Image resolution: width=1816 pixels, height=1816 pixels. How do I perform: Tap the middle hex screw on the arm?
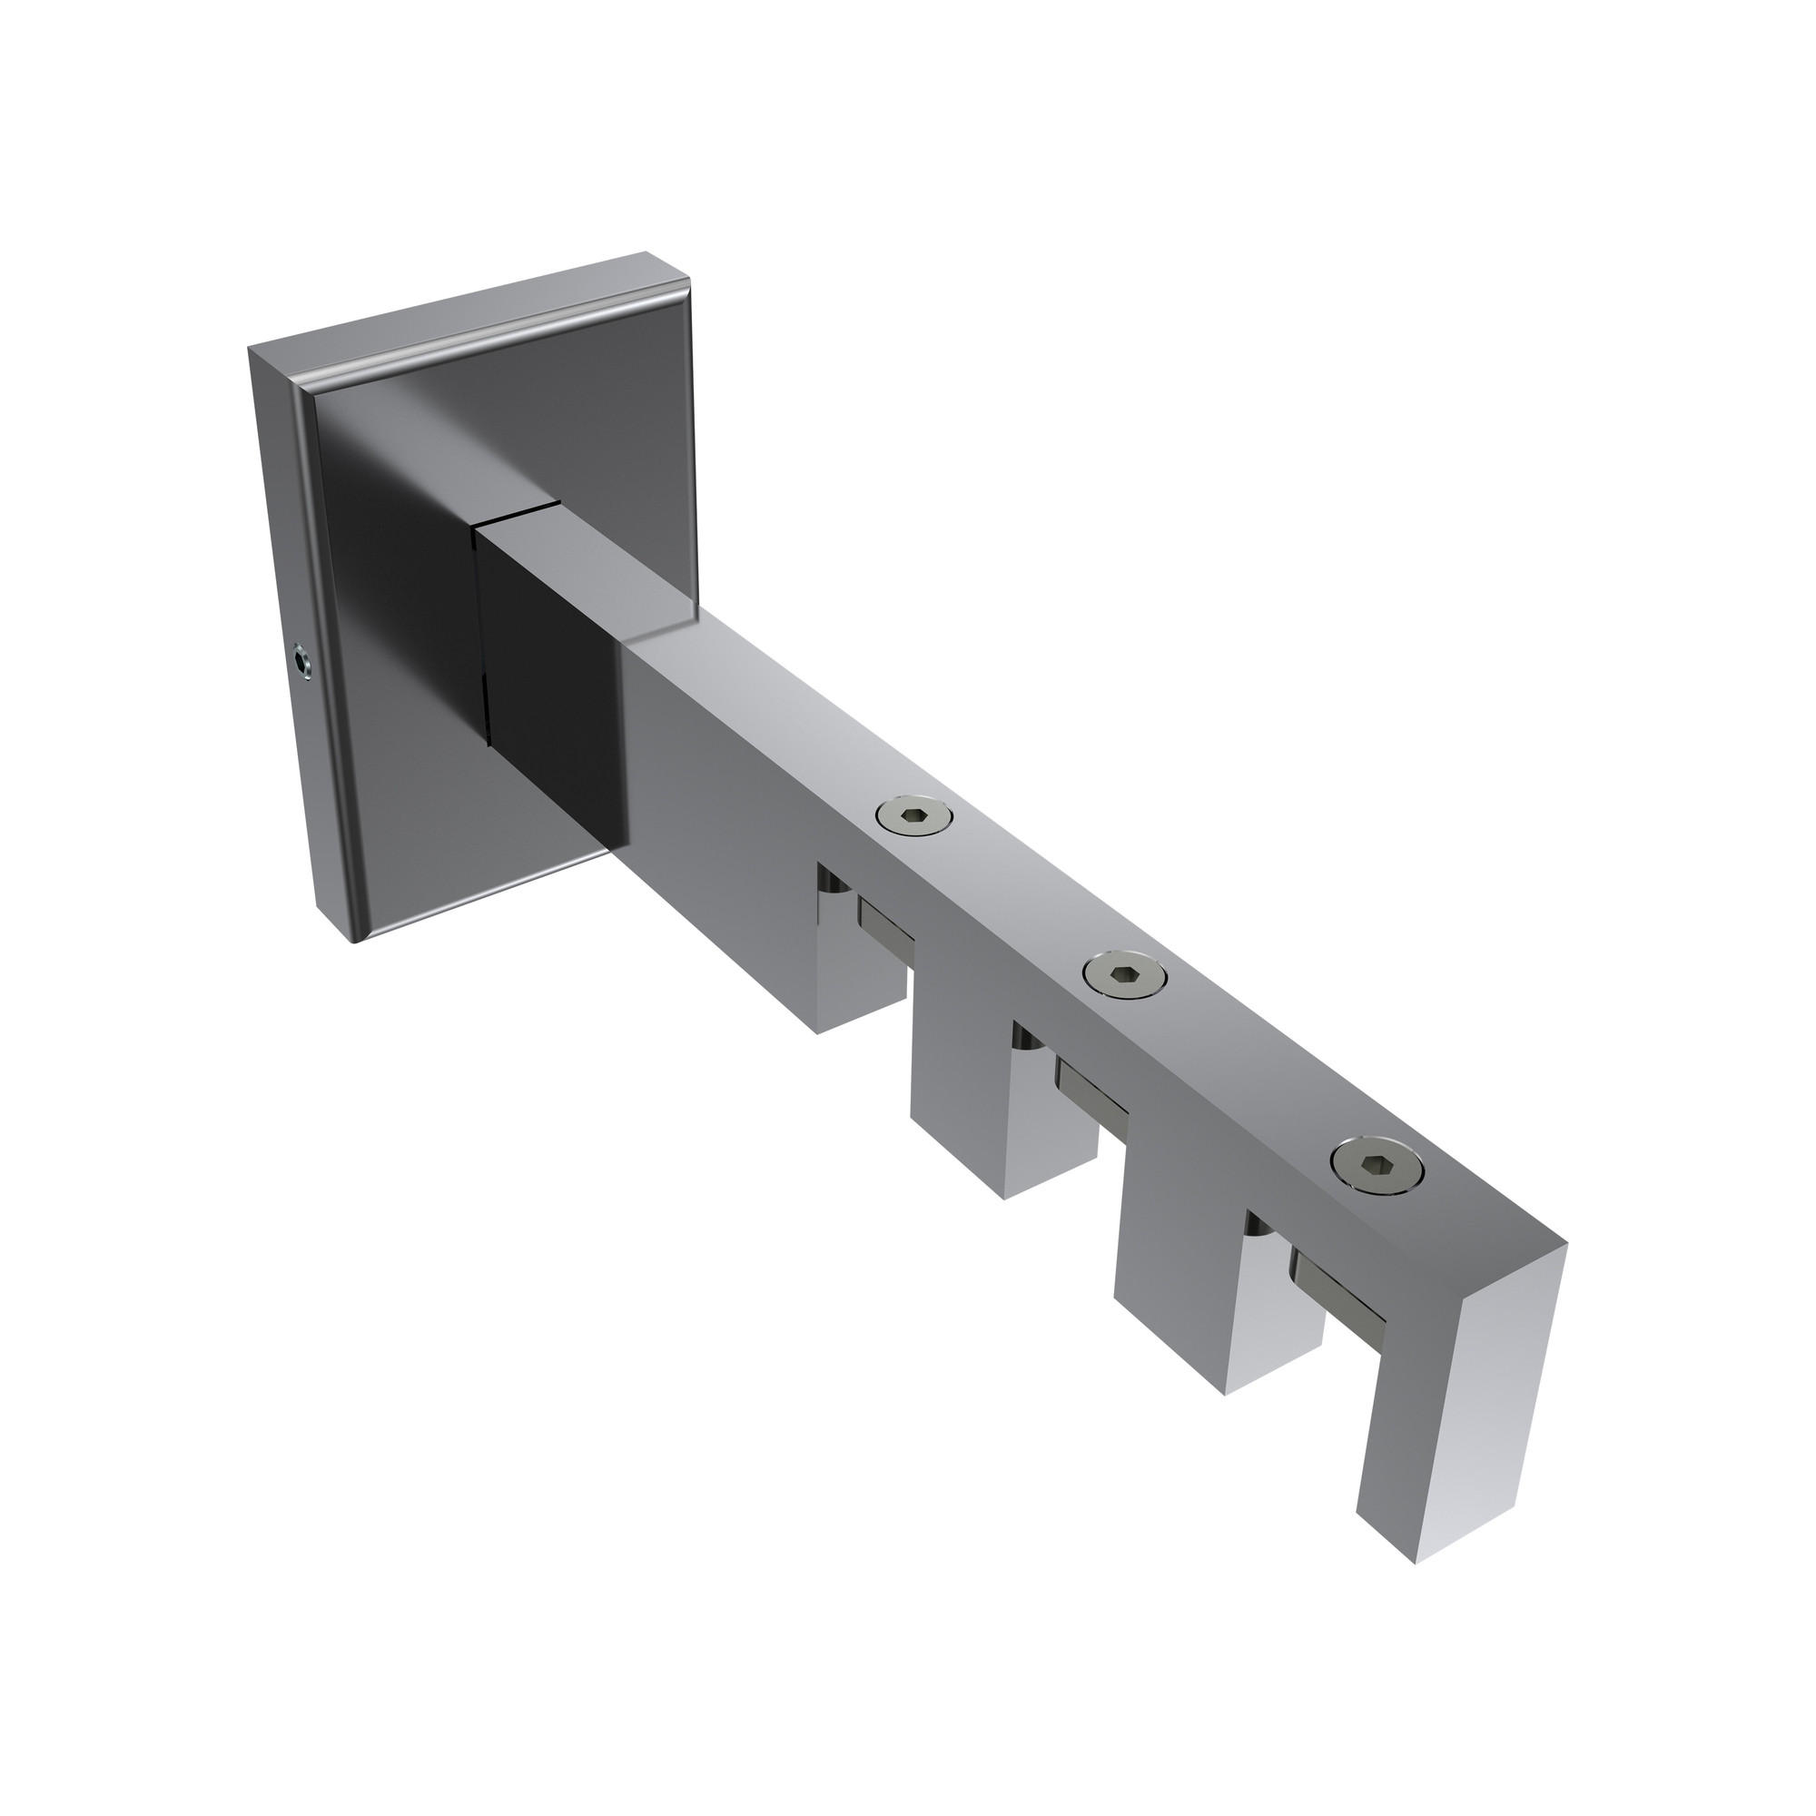coord(1124,976)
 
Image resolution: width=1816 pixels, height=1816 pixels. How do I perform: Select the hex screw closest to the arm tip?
coord(1377,1168)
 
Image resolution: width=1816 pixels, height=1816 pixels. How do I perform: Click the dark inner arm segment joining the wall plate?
coord(545,658)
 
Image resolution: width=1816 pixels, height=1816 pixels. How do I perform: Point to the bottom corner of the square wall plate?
coord(355,941)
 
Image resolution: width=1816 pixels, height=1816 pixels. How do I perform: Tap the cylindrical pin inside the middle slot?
coord(1024,1041)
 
